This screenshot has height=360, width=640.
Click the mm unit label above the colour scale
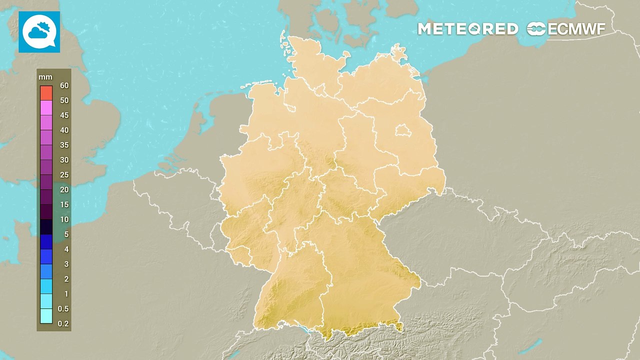[46, 77]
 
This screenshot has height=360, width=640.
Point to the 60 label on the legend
[64, 85]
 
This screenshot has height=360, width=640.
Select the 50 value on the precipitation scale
[64, 100]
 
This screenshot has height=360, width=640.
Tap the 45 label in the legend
[64, 115]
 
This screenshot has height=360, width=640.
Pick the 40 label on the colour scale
[64, 130]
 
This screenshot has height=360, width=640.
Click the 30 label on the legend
[64, 160]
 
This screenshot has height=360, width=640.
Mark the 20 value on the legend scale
[64, 189]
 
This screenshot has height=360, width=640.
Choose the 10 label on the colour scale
[64, 219]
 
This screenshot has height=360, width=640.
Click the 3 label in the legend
[66, 264]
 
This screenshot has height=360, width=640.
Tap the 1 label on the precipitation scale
[66, 294]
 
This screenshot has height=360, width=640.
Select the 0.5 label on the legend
[63, 308]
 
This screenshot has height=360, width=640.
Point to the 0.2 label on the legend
[63, 323]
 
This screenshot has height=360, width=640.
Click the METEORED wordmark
[467, 29]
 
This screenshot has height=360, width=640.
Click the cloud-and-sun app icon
[39, 31]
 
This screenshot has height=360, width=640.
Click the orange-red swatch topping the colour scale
[46, 92]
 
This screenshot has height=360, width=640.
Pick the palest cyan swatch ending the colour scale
[46, 316]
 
